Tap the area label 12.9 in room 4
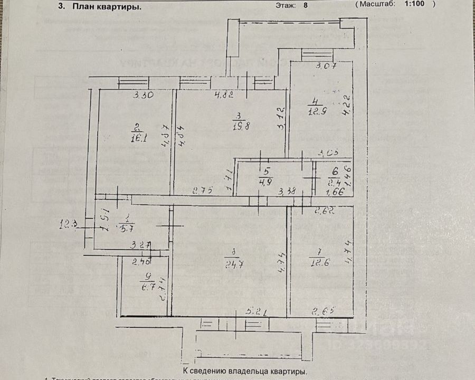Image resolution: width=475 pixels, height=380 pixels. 316,110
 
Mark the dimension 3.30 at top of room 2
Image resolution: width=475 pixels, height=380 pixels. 143,96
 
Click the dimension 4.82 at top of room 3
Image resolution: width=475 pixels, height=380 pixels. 224,96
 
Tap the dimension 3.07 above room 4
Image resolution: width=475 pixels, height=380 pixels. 326,66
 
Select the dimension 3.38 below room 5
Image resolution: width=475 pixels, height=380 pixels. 288,191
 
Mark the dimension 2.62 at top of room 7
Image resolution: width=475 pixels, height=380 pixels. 324,213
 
